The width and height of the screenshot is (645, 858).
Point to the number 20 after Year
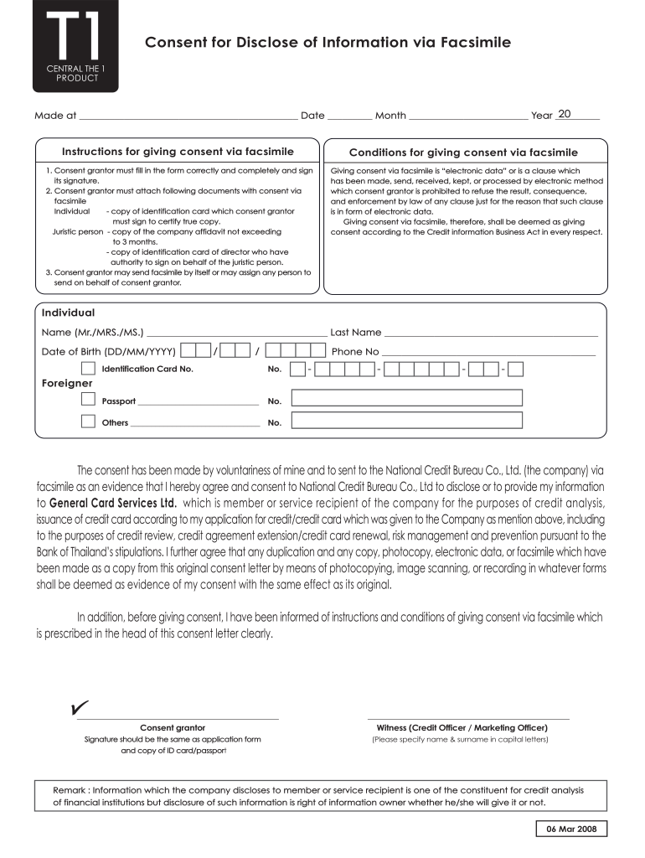tap(564, 114)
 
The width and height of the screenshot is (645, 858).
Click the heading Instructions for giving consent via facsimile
tap(178, 152)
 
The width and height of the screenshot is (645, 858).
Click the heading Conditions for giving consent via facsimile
tap(463, 152)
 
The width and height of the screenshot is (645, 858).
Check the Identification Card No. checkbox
tap(88, 369)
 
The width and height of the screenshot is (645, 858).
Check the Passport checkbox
tap(88, 399)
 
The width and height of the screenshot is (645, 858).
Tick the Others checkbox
tap(88, 421)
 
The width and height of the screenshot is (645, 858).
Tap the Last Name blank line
tap(491, 333)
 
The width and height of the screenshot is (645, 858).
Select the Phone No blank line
tap(489, 352)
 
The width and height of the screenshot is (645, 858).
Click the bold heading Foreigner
tap(67, 384)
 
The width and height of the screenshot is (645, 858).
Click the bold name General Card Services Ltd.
tap(113, 504)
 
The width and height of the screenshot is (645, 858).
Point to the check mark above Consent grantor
tap(80, 709)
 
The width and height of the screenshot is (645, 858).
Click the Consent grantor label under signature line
tap(173, 727)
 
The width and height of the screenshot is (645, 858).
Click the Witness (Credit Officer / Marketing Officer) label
tap(462, 727)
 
